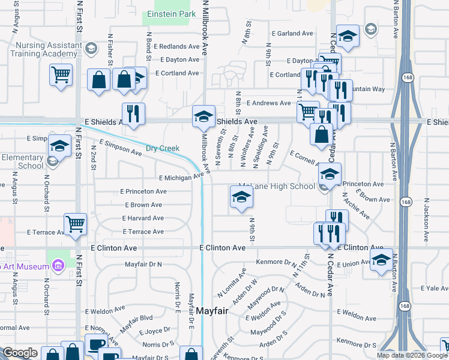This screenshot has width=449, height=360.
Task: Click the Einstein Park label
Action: pyautogui.click(x=167, y=14)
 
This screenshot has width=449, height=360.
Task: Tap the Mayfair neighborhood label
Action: pyautogui.click(x=212, y=310)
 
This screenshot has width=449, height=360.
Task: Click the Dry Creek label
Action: pyautogui.click(x=162, y=148)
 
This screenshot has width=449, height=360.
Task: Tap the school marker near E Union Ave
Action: pyautogui.click(x=381, y=260)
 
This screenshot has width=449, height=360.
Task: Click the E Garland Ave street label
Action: pyautogui.click(x=294, y=34)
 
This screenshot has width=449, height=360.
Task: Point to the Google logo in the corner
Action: pyautogui.click(x=20, y=353)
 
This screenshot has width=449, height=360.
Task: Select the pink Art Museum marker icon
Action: pyautogui.click(x=58, y=265)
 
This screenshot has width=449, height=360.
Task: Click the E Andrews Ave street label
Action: pyautogui.click(x=268, y=103)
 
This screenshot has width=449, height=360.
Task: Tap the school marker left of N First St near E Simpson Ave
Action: pyautogui.click(x=59, y=146)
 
